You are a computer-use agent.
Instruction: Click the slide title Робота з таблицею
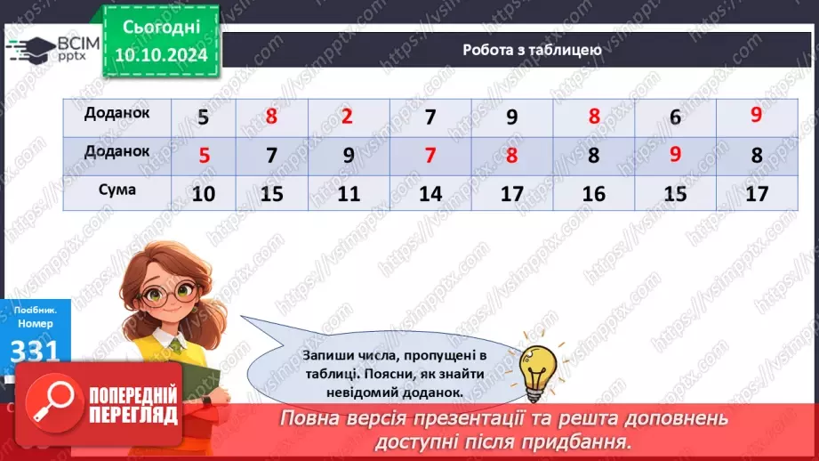coord(532,50)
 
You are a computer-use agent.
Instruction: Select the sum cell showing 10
coord(204,192)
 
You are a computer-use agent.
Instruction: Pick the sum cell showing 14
coord(430,192)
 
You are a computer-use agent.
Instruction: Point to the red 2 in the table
coord(348,117)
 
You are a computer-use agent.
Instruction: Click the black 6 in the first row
coord(676,117)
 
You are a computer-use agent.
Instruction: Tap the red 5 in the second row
coord(204,156)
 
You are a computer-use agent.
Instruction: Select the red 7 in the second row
coord(430,156)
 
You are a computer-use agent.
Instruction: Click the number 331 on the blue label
coord(33,350)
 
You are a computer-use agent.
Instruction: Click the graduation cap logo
coord(32,49)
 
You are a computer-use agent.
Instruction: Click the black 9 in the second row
coord(348,156)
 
